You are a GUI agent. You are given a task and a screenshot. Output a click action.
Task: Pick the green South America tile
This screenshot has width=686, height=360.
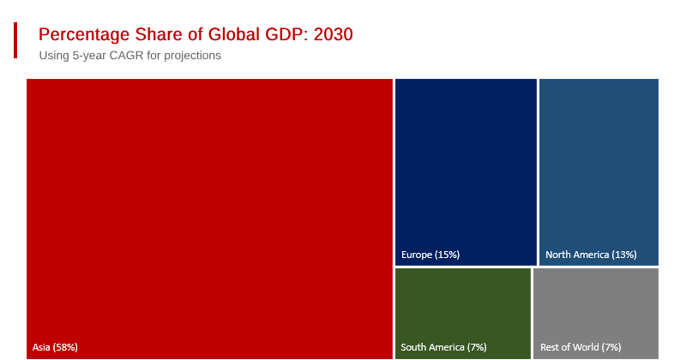click(x=463, y=309)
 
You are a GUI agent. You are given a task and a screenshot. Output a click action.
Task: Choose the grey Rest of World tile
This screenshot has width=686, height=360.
click(x=596, y=309)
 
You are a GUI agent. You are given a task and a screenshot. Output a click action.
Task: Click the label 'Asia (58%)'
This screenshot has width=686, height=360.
click(x=55, y=347)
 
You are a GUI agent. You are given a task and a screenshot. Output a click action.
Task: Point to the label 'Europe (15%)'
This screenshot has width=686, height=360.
click(x=430, y=255)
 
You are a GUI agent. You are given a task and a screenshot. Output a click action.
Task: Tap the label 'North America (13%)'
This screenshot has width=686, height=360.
click(x=591, y=255)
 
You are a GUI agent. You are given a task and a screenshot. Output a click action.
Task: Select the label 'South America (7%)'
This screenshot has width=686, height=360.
click(x=443, y=347)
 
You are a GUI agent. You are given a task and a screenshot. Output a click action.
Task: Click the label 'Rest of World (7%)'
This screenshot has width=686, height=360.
click(x=581, y=347)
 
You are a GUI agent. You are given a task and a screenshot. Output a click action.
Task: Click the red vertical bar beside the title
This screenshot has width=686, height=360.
click(x=15, y=40)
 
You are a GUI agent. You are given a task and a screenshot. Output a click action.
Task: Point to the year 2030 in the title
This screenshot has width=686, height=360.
click(x=334, y=35)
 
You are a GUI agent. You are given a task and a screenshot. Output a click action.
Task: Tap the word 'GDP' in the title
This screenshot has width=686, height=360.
click(x=287, y=35)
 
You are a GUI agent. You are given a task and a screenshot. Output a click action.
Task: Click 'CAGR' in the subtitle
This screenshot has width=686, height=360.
click(x=126, y=56)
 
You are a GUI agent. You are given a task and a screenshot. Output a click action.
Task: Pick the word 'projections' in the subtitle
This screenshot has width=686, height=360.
click(x=189, y=56)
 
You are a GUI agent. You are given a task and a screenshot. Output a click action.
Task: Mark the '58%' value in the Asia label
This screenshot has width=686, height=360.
click(x=66, y=347)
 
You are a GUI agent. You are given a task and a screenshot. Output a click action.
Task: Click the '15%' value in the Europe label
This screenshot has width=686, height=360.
click(x=447, y=255)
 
